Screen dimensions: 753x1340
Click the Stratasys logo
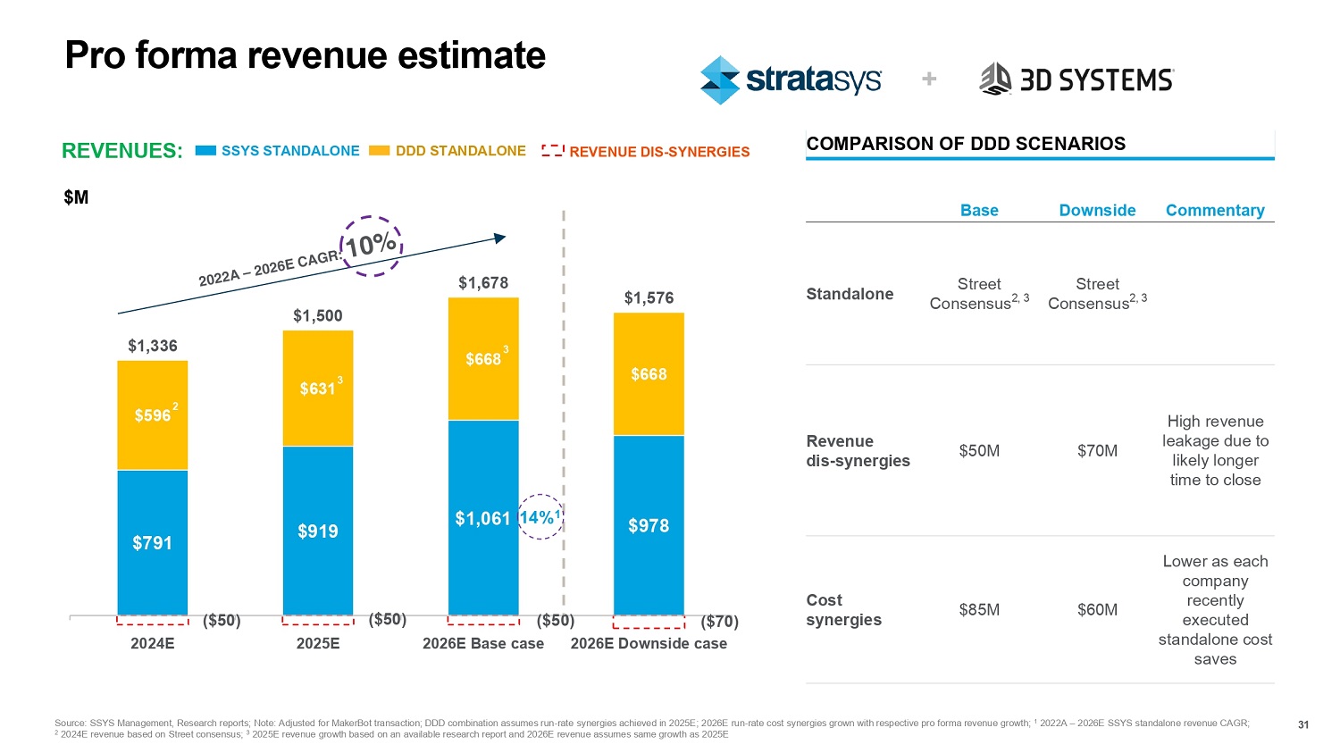tap(791, 80)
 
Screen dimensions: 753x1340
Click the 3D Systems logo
tap(1076, 79)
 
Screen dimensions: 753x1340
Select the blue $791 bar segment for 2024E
tap(153, 542)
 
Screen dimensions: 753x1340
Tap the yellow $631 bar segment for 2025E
tap(318, 389)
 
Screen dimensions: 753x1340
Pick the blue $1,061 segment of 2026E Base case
tap(483, 518)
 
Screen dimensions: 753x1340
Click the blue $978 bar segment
tap(649, 525)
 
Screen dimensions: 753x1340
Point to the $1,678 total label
tap(483, 283)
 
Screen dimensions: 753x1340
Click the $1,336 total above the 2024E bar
tap(153, 346)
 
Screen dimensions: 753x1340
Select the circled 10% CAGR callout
tap(372, 245)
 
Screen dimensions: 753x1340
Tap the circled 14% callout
tap(540, 517)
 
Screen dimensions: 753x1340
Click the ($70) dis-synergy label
tap(719, 621)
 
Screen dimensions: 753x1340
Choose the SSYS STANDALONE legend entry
tap(278, 151)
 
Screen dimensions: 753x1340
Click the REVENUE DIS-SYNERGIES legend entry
tap(646, 152)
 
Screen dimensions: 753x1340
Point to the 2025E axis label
tap(318, 643)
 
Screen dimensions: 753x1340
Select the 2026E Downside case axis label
tap(649, 643)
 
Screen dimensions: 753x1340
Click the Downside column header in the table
tap(1097, 211)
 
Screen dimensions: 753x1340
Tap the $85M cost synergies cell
tap(979, 610)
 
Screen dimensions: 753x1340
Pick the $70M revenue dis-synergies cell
tap(1097, 451)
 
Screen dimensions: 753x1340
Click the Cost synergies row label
tap(843, 610)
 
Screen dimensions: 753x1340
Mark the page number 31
tap(1303, 724)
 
